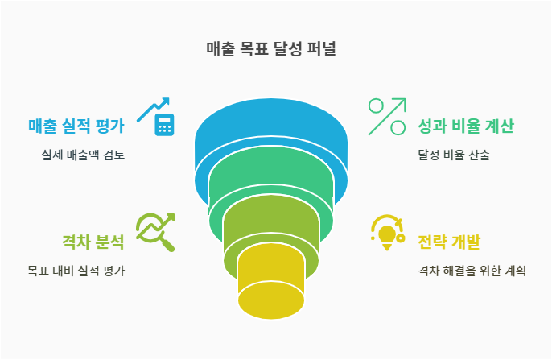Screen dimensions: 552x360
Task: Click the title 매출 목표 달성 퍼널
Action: [x=271, y=49]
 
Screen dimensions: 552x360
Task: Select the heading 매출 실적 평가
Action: [x=76, y=126]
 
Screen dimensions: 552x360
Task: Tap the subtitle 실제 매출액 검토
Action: [x=84, y=155]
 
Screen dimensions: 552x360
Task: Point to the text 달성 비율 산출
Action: [x=455, y=155]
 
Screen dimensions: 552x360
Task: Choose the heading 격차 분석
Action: [x=93, y=242]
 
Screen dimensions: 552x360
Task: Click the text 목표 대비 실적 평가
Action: [x=76, y=271]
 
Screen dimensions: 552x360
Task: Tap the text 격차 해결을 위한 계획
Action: [x=472, y=271]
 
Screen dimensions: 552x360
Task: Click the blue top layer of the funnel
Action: [x=271, y=129]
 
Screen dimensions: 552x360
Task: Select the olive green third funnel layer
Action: [x=271, y=230]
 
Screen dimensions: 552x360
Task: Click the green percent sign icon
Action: [x=386, y=117]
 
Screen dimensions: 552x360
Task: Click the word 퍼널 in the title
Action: [x=321, y=49]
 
